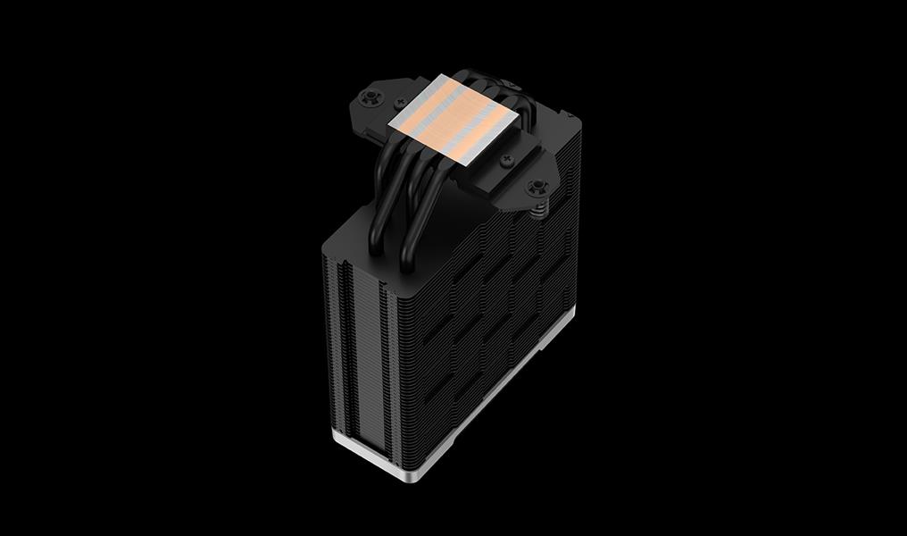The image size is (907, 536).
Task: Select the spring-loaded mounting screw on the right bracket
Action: click(x=537, y=188)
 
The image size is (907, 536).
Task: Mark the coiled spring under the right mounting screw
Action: click(x=539, y=207)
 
